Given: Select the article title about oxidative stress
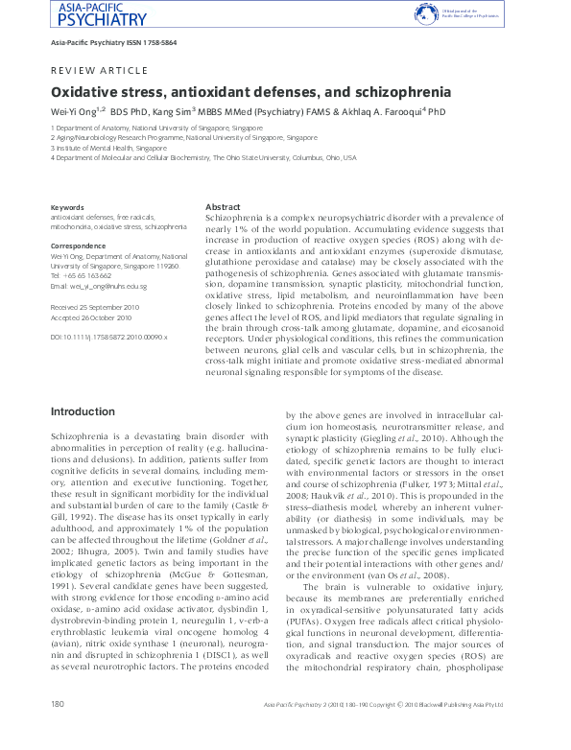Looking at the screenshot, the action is click(250, 93).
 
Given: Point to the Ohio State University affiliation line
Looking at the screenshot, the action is click(203, 157).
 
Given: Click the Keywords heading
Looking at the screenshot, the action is click(67, 207).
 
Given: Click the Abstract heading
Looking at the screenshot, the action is click(223, 207).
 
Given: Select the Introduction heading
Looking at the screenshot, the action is click(83, 411).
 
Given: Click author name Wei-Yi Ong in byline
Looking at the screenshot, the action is click(73, 112).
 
